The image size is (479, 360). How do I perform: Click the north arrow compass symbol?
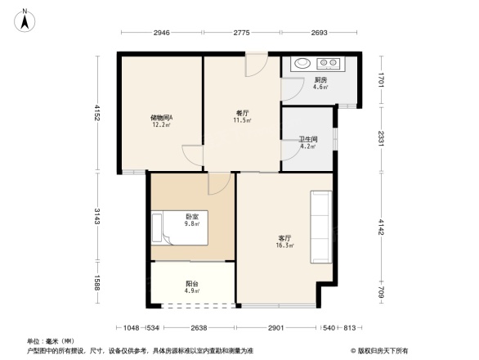(x=26, y=19)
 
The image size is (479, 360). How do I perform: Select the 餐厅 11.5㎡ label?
(x=241, y=116)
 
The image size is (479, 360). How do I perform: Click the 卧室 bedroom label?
(x=192, y=218)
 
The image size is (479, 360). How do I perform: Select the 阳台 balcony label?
(x=192, y=286)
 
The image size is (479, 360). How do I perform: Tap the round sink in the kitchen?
(x=301, y=62)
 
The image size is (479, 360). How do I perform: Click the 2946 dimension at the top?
(x=161, y=34)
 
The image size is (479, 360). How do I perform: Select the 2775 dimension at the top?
(x=241, y=34)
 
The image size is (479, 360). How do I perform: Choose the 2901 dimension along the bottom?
(x=275, y=328)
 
